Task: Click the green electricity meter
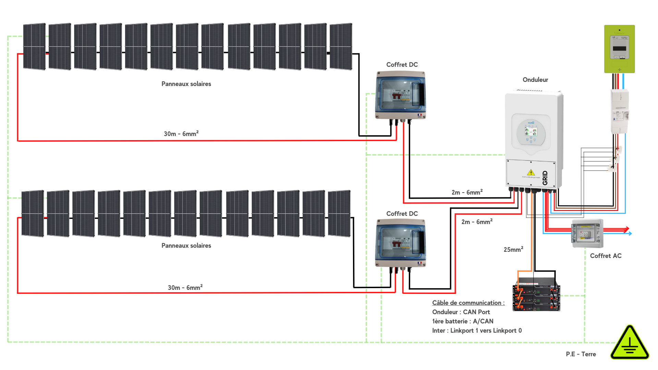tap(619, 49)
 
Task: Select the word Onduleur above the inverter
tap(535, 80)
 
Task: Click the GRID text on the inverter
tap(545, 178)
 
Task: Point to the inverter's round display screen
tap(531, 132)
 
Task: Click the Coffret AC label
tap(606, 256)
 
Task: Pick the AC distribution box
tap(587, 234)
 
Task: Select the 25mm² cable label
tap(513, 249)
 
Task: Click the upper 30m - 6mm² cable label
tap(181, 134)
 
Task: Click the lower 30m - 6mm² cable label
tap(185, 287)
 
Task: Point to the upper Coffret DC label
tap(402, 65)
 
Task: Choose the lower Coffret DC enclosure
tap(401, 243)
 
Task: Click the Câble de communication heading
tap(468, 303)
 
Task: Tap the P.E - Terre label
tap(581, 354)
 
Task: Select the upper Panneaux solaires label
tap(186, 84)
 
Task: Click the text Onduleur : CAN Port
tap(461, 312)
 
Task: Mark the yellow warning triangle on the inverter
tap(531, 172)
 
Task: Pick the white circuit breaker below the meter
tap(620, 111)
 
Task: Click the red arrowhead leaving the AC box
tap(627, 229)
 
